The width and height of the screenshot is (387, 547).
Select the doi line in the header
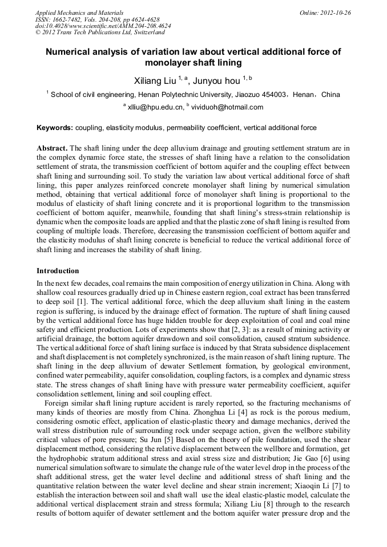click(102, 26)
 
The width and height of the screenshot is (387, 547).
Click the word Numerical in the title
click(71, 52)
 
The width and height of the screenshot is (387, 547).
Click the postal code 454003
click(272, 95)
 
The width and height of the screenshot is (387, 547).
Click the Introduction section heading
click(58, 270)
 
